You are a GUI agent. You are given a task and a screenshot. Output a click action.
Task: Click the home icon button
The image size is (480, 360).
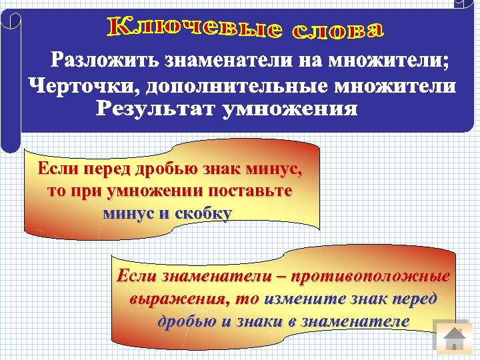point(453,339)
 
